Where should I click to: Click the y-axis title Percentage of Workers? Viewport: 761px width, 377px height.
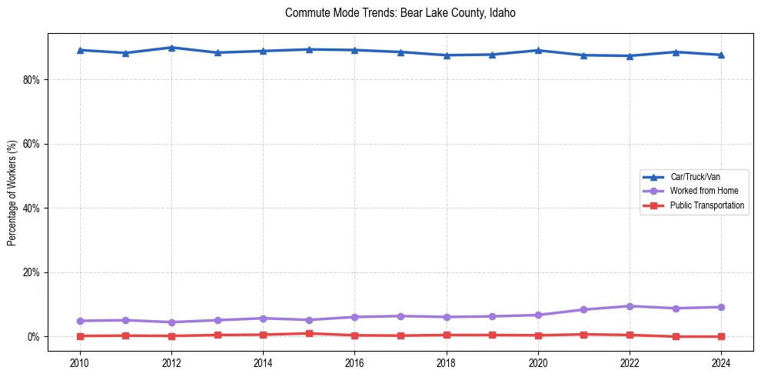pyautogui.click(x=12, y=192)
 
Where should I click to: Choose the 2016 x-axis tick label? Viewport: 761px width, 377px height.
pyautogui.click(x=354, y=362)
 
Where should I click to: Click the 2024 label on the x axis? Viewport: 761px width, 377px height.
pyautogui.click(x=721, y=362)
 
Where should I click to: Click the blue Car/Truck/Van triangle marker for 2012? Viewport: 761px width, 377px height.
pyautogui.click(x=171, y=48)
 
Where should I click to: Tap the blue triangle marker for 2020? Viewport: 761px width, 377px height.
pyautogui.click(x=538, y=51)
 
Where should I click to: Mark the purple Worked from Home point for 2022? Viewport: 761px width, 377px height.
pyautogui.click(x=630, y=306)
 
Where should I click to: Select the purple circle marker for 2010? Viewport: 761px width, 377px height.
pyautogui.click(x=80, y=321)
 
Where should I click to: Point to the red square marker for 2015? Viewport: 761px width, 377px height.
pyautogui.click(x=309, y=333)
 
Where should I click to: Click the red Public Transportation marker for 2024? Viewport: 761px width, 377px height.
pyautogui.click(x=721, y=336)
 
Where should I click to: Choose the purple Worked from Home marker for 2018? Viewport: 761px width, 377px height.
pyautogui.click(x=447, y=317)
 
